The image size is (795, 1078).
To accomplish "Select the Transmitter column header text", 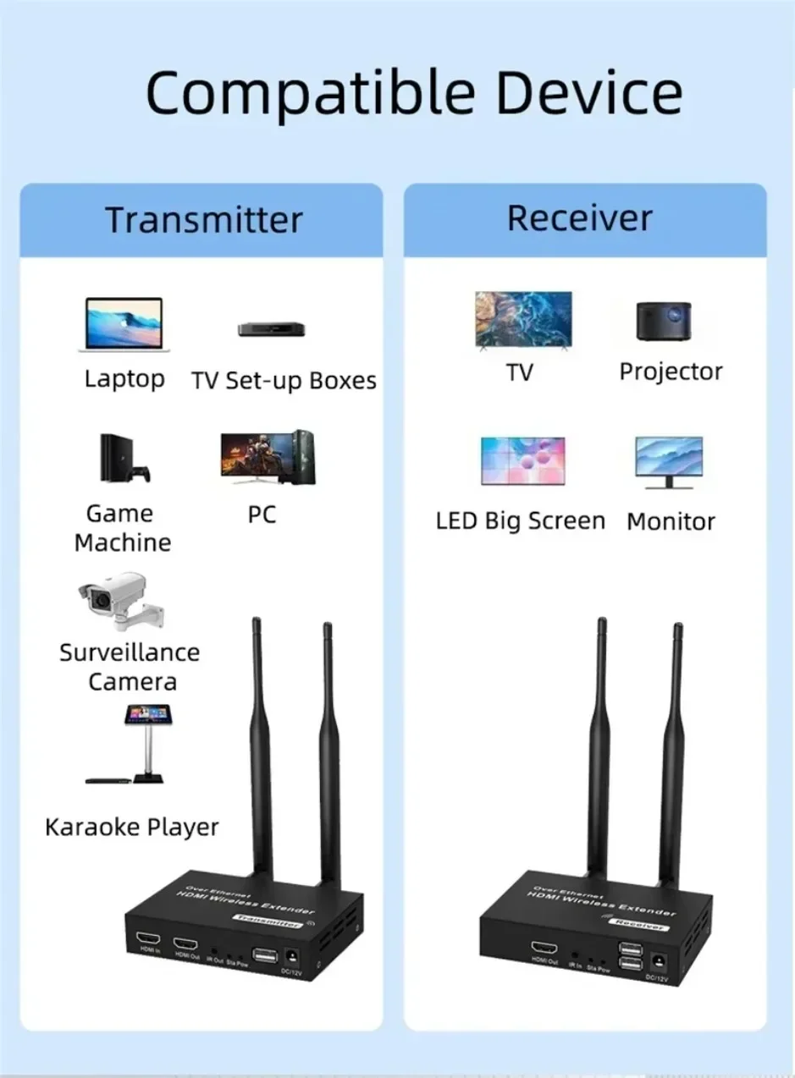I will click(x=203, y=220).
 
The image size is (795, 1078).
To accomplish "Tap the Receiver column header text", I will click(x=580, y=218).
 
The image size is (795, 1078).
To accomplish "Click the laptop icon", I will click(x=124, y=325).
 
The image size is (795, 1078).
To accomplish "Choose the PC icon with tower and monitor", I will click(x=268, y=458).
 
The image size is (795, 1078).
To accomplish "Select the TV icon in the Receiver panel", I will click(x=523, y=320).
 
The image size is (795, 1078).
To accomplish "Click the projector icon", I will click(x=664, y=321).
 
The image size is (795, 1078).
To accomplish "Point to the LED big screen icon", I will click(x=522, y=461).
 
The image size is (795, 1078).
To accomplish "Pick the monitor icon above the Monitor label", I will click(x=669, y=462).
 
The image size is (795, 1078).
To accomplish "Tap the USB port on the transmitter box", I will click(x=265, y=956).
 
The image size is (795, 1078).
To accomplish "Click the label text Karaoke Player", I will click(x=132, y=827).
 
